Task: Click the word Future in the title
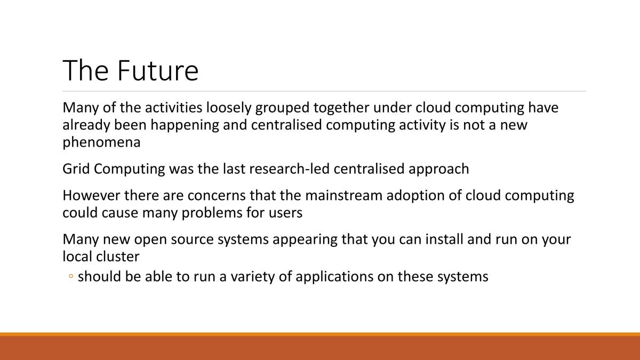click(158, 70)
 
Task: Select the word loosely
click(229, 108)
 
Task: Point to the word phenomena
click(101, 143)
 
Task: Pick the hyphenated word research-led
click(289, 169)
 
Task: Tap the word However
click(91, 196)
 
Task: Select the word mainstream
click(343, 196)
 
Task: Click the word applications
click(334, 277)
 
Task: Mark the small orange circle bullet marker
click(71, 276)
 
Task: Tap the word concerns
click(217, 196)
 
